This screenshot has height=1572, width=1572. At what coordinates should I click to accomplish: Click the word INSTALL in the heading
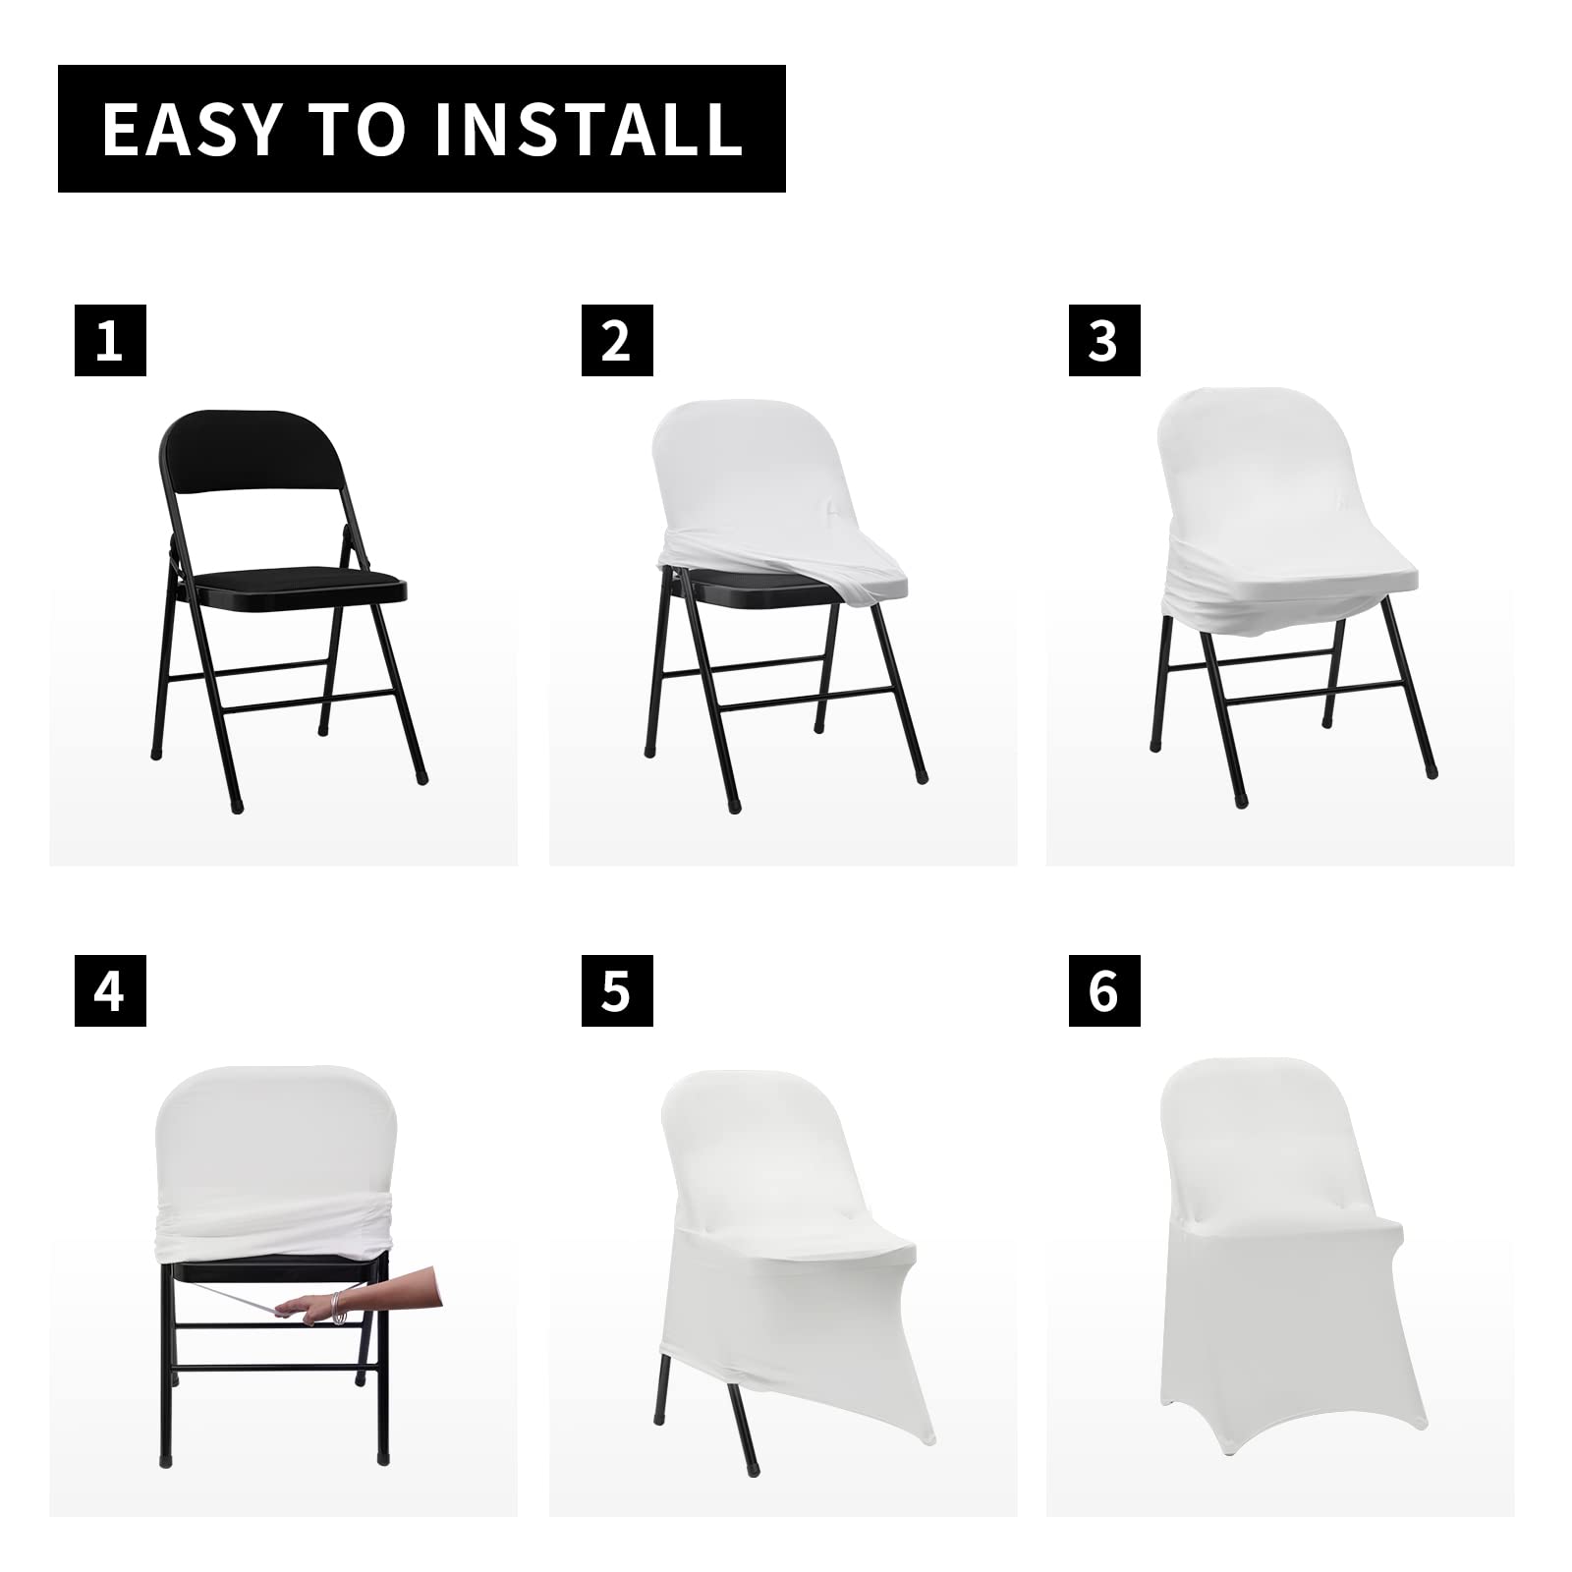pos(588,128)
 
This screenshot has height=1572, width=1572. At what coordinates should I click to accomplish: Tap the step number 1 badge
pos(110,341)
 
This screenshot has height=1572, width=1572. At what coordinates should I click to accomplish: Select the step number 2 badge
pos(617,341)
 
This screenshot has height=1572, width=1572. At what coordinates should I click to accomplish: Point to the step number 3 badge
pos(1104,341)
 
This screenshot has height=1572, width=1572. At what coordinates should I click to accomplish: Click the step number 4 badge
pos(110,990)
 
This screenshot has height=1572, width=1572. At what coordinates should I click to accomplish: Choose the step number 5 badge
pos(617,990)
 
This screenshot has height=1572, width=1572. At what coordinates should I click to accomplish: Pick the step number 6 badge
pos(1104,990)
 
